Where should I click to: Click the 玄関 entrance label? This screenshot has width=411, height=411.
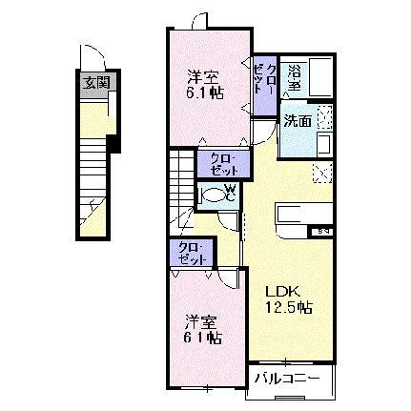pos(95,83)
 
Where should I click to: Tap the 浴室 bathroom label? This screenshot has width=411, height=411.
pos(294,78)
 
